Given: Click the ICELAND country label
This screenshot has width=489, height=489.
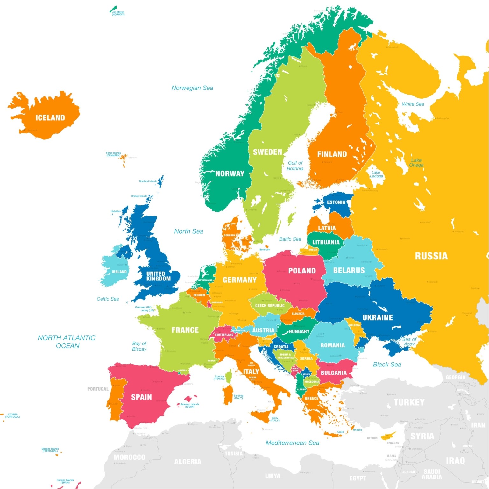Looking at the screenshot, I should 50,118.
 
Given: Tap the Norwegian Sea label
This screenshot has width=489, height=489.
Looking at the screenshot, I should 192,88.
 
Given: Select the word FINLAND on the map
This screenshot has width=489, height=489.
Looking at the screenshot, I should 332,154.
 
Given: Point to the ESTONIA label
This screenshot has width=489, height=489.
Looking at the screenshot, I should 336,202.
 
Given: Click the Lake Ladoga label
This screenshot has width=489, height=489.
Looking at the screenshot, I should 376,174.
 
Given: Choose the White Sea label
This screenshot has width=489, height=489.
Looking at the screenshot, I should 413,104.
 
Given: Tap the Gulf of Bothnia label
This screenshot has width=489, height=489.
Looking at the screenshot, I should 295,166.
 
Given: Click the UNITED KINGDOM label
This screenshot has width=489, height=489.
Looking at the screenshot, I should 158,276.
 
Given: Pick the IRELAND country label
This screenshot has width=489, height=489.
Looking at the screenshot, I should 119,272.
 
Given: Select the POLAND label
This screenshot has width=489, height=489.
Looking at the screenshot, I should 302,271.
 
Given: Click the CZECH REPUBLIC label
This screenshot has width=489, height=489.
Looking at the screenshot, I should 270,306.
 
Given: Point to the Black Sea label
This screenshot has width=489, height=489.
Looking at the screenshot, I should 387,365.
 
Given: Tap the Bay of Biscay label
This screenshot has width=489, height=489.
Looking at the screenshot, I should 139,346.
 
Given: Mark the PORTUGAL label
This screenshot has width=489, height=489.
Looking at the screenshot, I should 98,389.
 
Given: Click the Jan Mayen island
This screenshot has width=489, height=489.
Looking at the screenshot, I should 113,9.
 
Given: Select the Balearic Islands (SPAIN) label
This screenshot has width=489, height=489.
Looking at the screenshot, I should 190,405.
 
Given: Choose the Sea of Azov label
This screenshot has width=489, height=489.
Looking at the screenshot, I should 409,342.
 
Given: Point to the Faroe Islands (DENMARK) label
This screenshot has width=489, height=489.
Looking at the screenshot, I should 113,154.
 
